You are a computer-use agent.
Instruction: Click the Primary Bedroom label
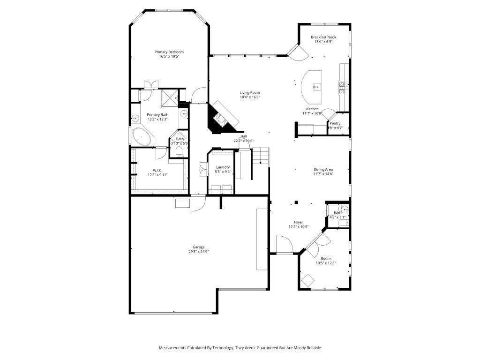tap(169, 52)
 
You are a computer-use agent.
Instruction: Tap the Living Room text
tap(250, 92)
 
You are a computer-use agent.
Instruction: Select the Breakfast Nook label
tap(323, 37)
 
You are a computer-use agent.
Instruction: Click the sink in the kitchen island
tap(317, 86)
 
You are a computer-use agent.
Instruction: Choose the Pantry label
tap(335, 123)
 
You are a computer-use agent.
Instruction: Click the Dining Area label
tap(323, 169)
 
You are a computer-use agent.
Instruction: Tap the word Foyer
tap(298, 222)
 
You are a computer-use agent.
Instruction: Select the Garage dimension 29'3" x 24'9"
tap(198, 252)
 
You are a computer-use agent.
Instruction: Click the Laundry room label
tap(223, 167)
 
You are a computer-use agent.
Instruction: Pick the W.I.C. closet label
tap(157, 170)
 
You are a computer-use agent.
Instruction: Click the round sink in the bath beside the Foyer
tap(345, 210)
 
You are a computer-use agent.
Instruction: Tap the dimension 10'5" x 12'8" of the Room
tap(325, 263)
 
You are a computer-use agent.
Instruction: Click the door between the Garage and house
tap(198, 203)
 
